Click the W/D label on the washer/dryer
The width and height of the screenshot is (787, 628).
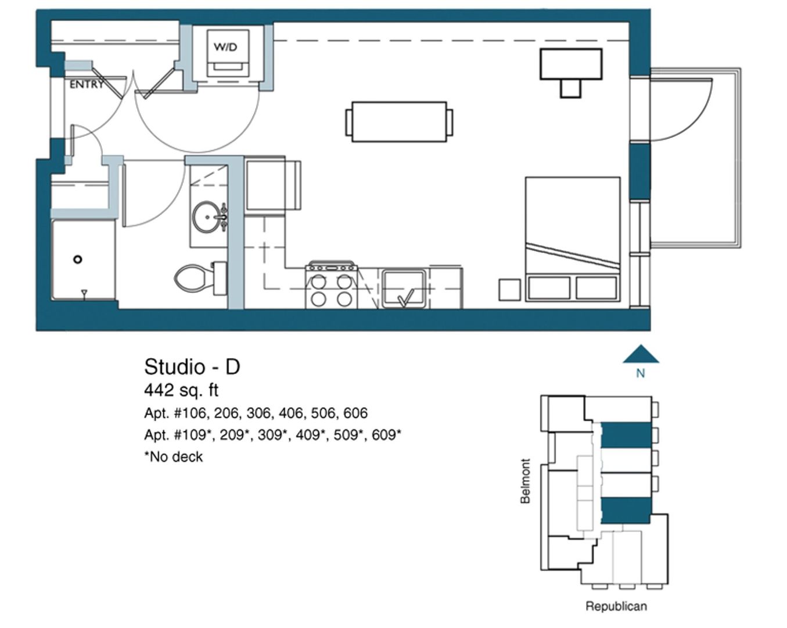point(225,47)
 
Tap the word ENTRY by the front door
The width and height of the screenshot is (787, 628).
point(86,85)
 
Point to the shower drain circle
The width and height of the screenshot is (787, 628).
point(78,259)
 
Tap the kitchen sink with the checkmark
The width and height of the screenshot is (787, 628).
point(405,288)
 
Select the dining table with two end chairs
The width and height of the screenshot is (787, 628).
point(399,122)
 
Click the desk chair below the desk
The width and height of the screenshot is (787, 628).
point(570,88)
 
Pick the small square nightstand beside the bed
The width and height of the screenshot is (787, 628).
point(509,290)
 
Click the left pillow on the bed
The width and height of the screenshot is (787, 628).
point(548,288)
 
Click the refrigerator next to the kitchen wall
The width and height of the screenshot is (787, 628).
point(271,186)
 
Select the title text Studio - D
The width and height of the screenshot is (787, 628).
point(192,367)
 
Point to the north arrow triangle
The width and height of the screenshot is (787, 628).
point(640,355)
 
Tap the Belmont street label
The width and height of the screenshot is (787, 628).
point(526,481)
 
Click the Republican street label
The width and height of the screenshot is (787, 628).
point(616,606)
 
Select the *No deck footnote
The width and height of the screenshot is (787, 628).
point(174,457)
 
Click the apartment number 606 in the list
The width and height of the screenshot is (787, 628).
point(355,413)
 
